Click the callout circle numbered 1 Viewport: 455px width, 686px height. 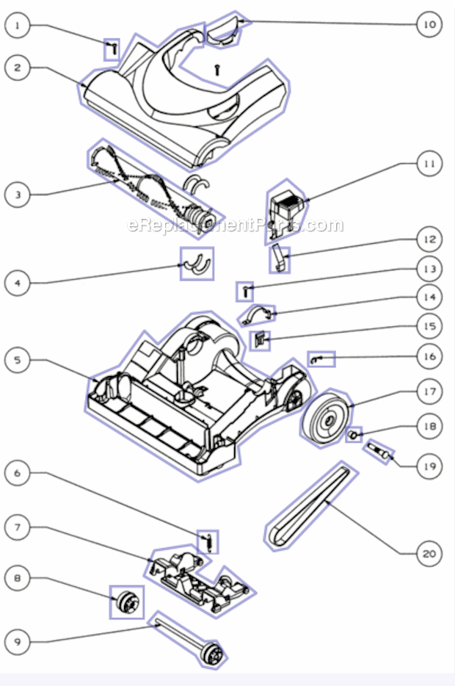pyautogui.click(x=17, y=26)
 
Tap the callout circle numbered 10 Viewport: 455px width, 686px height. pyautogui.click(x=429, y=24)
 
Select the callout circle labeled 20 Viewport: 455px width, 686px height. pyautogui.click(x=429, y=554)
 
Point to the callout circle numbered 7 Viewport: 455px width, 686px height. pyautogui.click(x=17, y=527)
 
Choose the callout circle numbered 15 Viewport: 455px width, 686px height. pyautogui.click(x=429, y=326)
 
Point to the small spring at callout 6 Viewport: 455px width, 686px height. pyautogui.click(x=210, y=543)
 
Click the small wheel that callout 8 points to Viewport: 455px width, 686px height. pyautogui.click(x=127, y=602)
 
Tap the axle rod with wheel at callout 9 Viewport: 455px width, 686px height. pyautogui.click(x=188, y=640)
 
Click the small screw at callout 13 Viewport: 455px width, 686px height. pyautogui.click(x=246, y=291)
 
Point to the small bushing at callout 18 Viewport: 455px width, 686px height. pyautogui.click(x=353, y=436)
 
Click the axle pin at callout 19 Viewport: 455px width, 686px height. pyautogui.click(x=379, y=451)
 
